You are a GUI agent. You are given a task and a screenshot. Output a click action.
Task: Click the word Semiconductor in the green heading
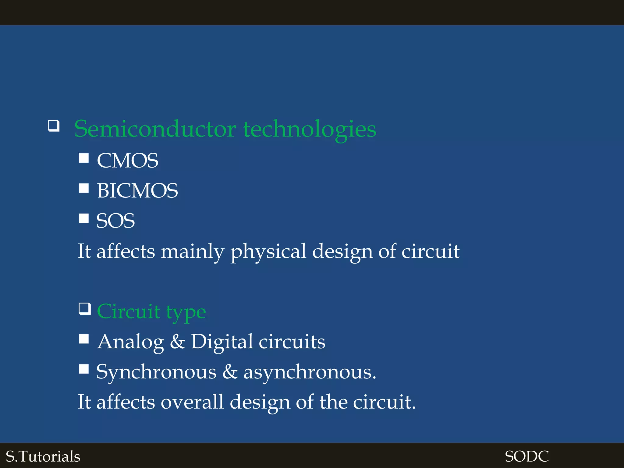155,129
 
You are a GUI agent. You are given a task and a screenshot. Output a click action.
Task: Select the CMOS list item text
128,161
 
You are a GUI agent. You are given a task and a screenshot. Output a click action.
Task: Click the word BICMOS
137,191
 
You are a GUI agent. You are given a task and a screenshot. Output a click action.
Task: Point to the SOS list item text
115,221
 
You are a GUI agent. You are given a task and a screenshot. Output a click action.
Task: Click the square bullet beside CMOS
84,158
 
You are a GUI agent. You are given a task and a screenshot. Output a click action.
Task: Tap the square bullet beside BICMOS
84,188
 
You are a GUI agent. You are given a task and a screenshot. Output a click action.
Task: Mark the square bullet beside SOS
84,218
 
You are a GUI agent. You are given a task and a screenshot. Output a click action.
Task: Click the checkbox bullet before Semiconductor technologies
54,126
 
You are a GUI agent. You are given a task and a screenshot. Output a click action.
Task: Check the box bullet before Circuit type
85,309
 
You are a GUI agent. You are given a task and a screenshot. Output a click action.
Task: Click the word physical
268,252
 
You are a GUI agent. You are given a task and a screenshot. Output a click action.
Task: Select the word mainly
192,252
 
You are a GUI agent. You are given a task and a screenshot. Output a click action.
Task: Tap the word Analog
131,342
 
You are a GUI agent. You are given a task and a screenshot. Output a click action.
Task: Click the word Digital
222,342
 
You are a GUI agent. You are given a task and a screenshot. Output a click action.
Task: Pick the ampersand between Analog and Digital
177,342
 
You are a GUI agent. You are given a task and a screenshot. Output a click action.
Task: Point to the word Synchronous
156,372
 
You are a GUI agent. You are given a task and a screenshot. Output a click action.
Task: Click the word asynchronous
310,372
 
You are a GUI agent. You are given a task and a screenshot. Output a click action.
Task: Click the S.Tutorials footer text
43,456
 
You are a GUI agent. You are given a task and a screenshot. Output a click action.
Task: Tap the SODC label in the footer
526,456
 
